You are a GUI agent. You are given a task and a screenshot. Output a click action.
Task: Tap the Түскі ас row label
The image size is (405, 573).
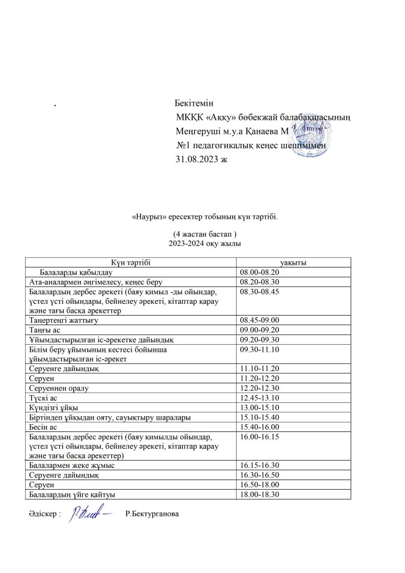click(42, 397)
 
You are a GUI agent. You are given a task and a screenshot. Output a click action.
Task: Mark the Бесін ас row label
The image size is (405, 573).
click(42, 426)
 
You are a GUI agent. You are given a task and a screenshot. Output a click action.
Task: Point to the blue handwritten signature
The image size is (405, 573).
click(90, 514)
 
